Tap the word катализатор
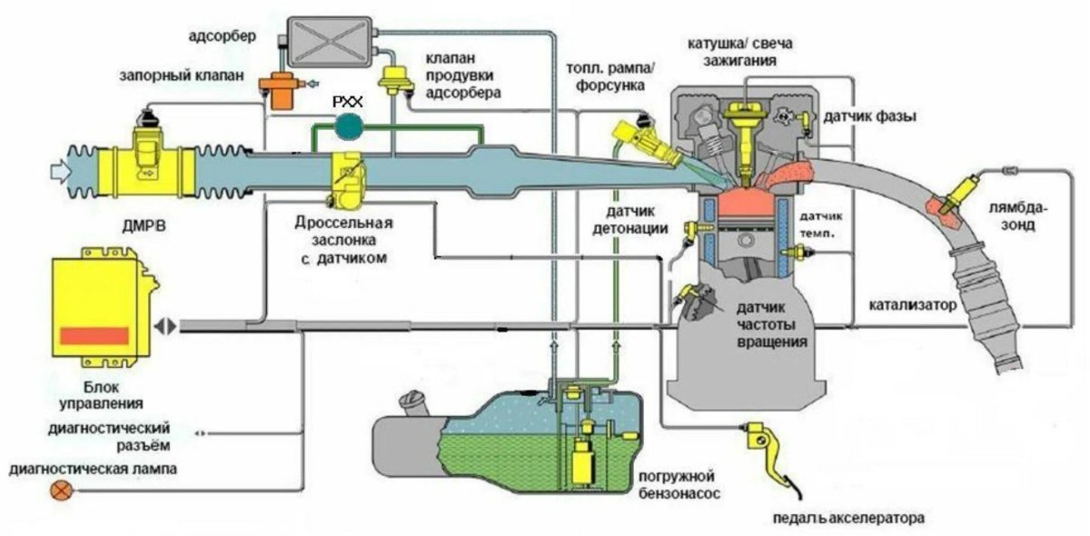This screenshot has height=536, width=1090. point(912,305)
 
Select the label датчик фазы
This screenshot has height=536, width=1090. point(868,116)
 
